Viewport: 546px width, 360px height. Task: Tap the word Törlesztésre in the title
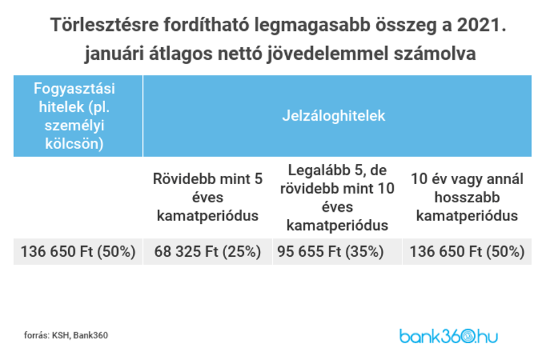(104, 25)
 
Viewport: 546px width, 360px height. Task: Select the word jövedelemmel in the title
(328, 54)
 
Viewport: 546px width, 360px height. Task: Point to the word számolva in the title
(435, 54)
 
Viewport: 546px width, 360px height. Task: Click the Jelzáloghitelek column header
(334, 115)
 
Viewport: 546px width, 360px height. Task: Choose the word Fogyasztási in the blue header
(74, 88)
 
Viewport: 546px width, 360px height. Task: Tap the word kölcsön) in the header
(74, 144)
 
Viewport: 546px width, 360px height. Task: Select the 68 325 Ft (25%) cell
(208, 251)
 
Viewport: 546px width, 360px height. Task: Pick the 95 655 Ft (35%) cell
(330, 251)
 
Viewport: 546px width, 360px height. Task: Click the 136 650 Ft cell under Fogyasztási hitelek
(78, 251)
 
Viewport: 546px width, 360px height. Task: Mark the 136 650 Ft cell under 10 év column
(467, 251)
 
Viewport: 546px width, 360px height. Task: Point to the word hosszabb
(467, 198)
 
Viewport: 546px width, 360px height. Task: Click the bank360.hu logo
(448, 336)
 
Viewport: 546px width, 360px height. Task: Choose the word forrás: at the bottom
(36, 335)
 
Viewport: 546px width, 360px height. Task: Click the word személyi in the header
(74, 125)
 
